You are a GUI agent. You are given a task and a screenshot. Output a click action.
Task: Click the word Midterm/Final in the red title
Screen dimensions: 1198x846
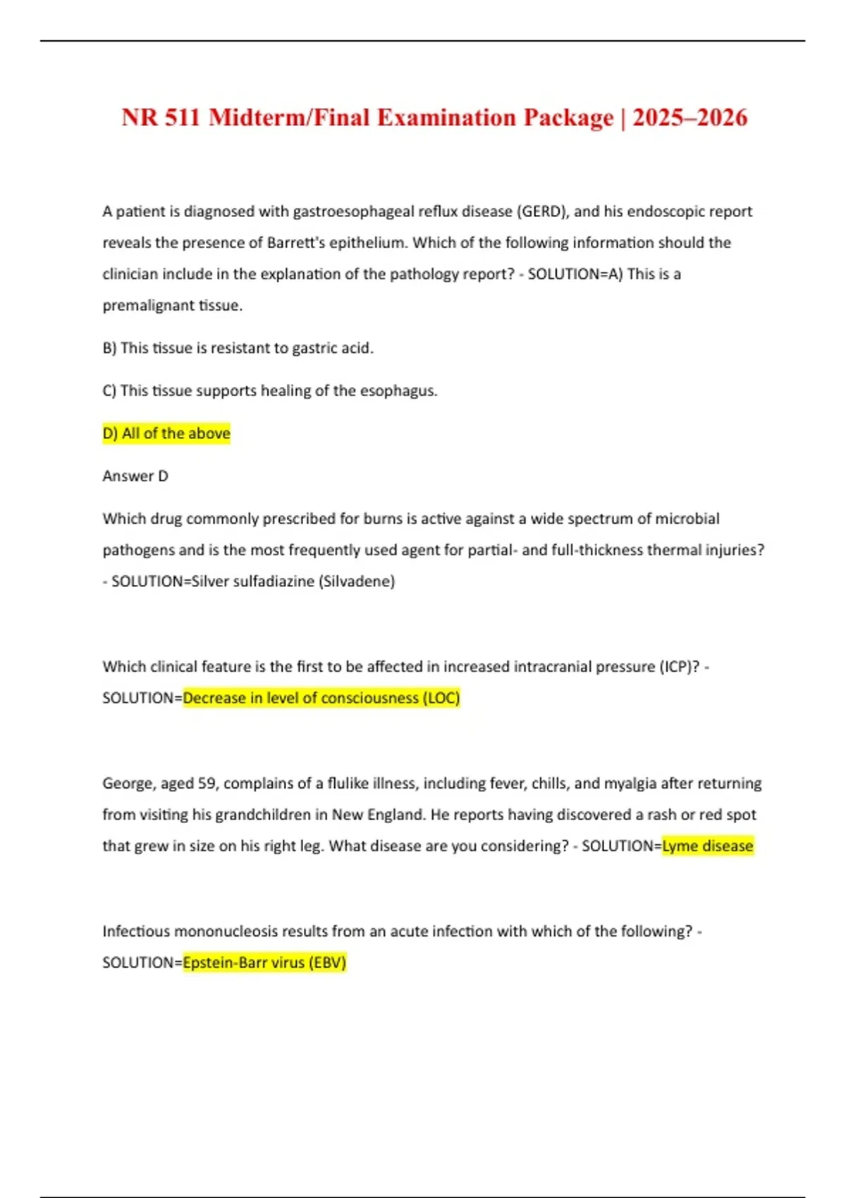(x=289, y=117)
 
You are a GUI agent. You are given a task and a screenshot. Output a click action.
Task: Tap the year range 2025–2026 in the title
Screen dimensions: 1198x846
(x=689, y=117)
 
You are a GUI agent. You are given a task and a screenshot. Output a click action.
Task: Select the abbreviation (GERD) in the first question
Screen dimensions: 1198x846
(x=542, y=211)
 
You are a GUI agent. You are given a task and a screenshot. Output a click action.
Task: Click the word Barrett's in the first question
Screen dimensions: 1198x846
(x=295, y=242)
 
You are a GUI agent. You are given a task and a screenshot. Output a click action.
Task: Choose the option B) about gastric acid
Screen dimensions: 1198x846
(x=238, y=348)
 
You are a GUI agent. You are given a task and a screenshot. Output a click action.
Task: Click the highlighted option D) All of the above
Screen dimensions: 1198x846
(x=166, y=433)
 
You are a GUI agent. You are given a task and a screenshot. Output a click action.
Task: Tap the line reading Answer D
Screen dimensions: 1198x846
(x=135, y=476)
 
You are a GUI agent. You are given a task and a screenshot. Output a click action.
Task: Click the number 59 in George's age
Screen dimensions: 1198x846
(x=207, y=783)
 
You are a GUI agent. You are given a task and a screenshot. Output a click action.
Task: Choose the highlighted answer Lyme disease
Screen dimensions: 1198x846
(x=708, y=846)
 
